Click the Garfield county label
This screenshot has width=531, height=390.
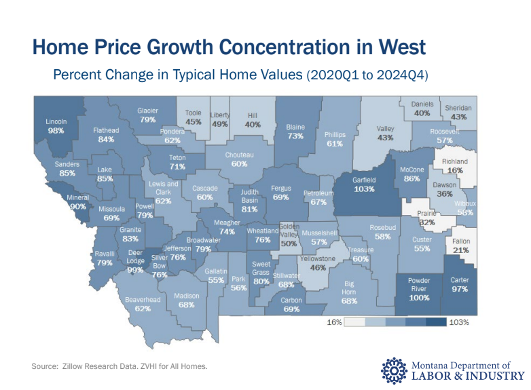364,181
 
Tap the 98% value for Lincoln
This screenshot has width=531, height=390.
56,131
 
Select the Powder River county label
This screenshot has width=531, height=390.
419,285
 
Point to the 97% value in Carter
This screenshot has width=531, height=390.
460,289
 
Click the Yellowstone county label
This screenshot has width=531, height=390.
318,258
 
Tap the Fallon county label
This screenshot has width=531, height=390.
462,241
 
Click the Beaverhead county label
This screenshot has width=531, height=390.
143,299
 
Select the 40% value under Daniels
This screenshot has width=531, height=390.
422,113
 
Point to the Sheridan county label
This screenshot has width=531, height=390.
458,108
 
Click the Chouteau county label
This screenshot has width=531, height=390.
239,155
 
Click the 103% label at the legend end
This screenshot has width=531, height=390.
459,323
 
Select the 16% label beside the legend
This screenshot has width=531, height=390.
334,323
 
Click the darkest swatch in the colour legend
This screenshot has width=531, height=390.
437,323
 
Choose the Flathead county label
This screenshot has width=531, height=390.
105,130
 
